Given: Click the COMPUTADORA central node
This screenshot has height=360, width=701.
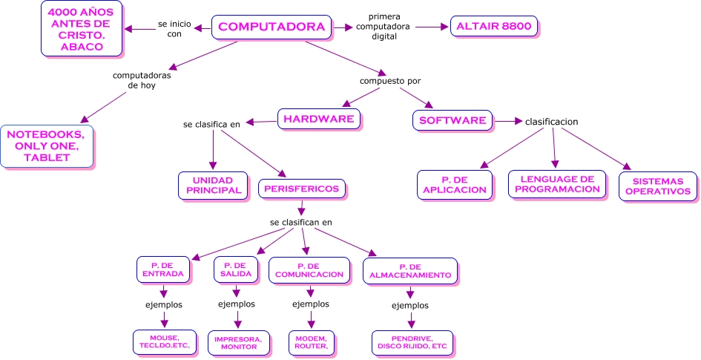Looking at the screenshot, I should [x=271, y=27].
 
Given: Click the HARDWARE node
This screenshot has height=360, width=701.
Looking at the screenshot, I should [x=320, y=119].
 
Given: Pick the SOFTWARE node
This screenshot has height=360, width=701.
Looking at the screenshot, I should [x=452, y=120].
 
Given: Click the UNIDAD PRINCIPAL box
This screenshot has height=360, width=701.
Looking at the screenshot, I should [x=213, y=186].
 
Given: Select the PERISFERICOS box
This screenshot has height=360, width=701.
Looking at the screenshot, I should [x=303, y=189].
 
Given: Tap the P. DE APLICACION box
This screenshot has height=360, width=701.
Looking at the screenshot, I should [x=455, y=185].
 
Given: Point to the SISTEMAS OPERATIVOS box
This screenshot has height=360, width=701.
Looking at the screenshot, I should [x=659, y=186].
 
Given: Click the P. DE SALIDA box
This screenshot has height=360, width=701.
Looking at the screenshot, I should [x=237, y=269].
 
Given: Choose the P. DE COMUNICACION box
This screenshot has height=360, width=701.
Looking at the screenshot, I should [x=310, y=270].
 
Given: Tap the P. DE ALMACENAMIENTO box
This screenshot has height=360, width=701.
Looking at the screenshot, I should [x=410, y=271].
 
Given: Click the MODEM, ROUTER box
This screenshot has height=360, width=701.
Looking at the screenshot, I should [x=312, y=341].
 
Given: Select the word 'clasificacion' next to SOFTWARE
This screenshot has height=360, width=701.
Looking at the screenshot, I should [x=551, y=122].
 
